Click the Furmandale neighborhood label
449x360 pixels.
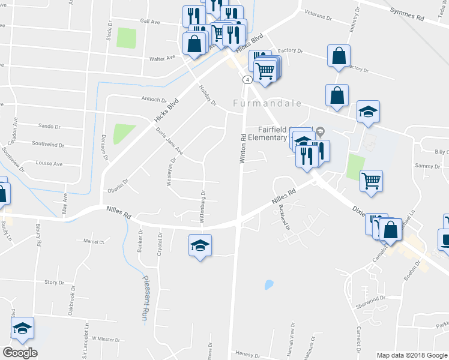point(267,103)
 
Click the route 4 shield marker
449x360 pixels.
point(247,79)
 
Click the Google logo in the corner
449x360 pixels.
point(20,353)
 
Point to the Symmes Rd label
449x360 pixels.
point(406,15)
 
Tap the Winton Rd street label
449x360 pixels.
point(243,148)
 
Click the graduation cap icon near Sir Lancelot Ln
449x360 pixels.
point(23,328)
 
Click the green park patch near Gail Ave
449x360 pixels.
point(126,38)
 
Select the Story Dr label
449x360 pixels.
point(54,282)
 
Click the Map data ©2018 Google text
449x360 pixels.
point(412,355)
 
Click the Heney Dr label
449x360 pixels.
point(246,353)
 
